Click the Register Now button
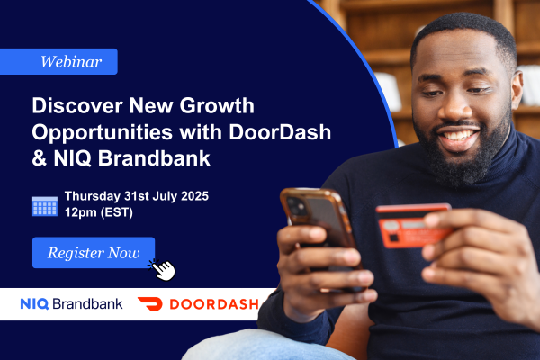click(94, 253)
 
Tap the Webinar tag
click(58, 62)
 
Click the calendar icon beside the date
click(45, 206)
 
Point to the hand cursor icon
click(162, 270)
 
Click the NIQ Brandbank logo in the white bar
click(71, 304)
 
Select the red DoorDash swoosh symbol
click(150, 303)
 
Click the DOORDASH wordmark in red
click(214, 304)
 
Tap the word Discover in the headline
click(77, 105)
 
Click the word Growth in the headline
click(217, 105)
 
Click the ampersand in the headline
click(40, 158)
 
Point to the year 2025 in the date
click(194, 196)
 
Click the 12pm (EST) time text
click(99, 212)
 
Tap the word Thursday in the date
click(93, 196)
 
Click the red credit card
click(413, 225)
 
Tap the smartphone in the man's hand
click(319, 224)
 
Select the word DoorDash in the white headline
click(280, 132)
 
